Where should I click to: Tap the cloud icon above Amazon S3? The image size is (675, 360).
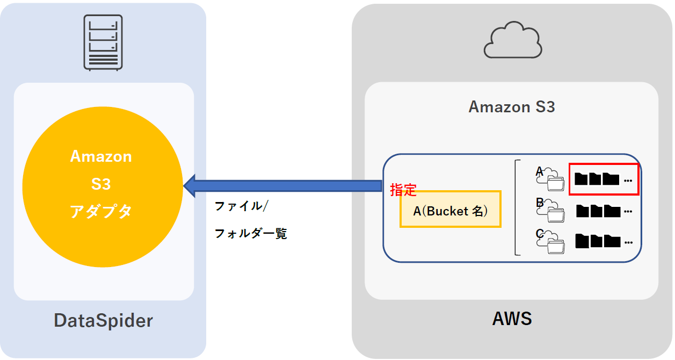pyautogui.click(x=512, y=40)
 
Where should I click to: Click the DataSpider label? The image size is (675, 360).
pyautogui.click(x=103, y=321)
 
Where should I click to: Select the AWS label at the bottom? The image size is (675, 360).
pyautogui.click(x=512, y=319)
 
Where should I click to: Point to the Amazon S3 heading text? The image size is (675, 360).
pyautogui.click(x=511, y=107)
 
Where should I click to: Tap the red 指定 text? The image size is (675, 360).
pyautogui.click(x=403, y=190)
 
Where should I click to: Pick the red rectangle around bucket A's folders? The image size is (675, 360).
pyautogui.click(x=603, y=179)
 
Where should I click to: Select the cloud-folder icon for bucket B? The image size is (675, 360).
pyautogui.click(x=550, y=212)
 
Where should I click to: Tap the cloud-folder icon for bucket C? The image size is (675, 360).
pyautogui.click(x=550, y=243)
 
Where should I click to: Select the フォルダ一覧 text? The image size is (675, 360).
pyautogui.click(x=251, y=234)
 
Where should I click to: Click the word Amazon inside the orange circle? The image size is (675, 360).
pyautogui.click(x=101, y=156)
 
